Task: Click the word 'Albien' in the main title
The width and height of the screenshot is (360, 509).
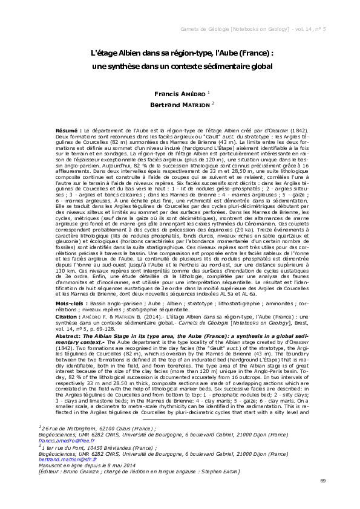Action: pyautogui.click(x=128, y=53)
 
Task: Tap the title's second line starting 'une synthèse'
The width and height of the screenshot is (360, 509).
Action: pyautogui.click(x=178, y=66)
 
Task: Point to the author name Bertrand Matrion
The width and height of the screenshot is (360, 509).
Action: pyautogui.click(x=178, y=105)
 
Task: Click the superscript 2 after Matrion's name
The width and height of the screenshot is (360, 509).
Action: pyautogui.click(x=213, y=103)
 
